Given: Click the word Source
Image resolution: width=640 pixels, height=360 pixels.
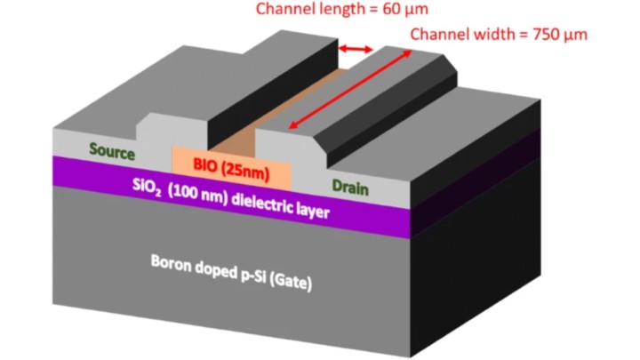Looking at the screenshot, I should [x=112, y=152].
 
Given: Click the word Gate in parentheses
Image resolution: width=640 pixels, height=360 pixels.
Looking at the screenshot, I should [x=294, y=283].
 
